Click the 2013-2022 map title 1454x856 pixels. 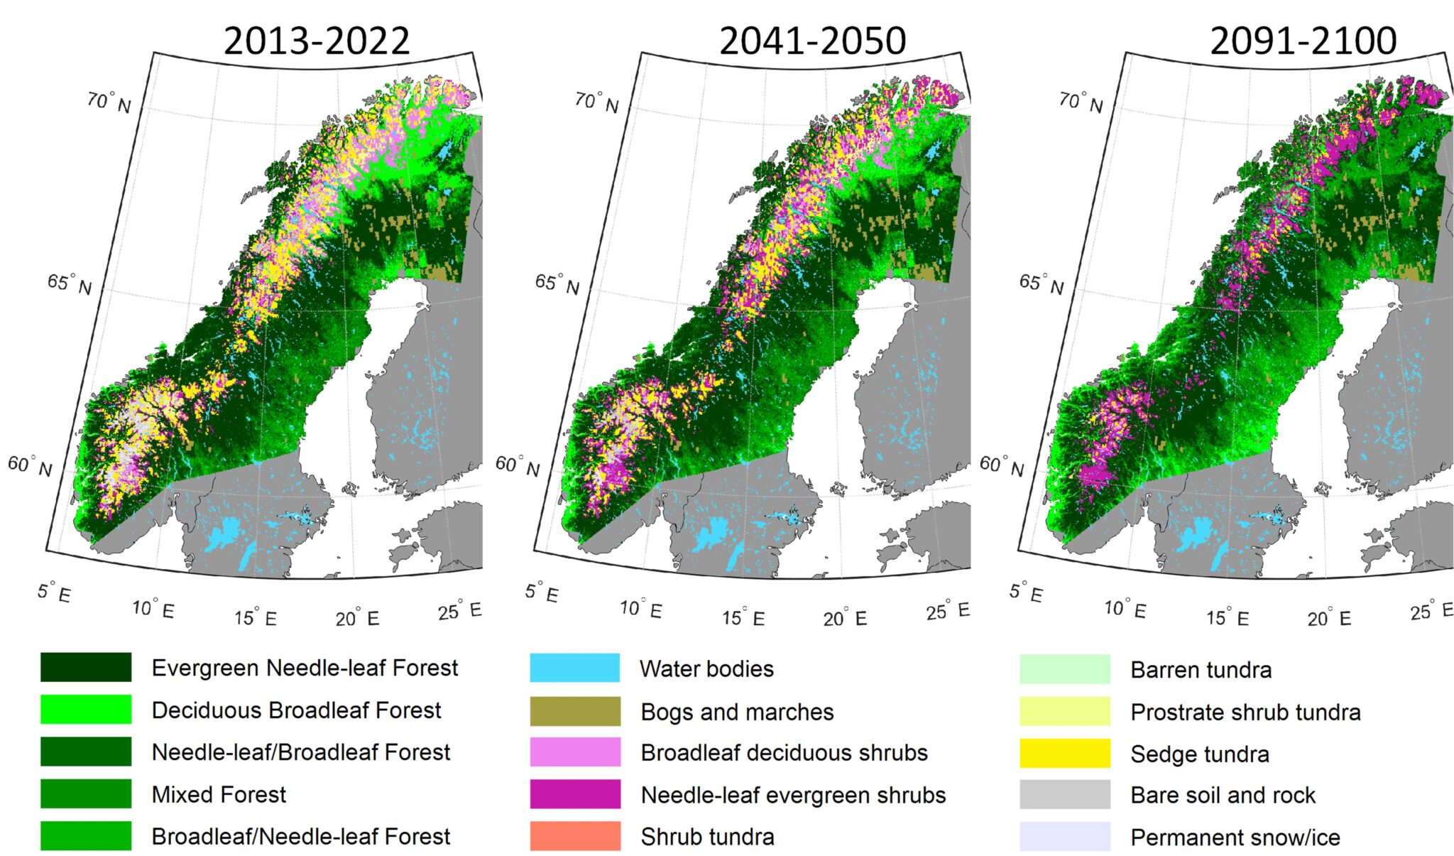coord(317,40)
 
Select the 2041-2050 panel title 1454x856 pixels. coord(812,40)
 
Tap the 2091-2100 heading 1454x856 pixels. coord(1303,40)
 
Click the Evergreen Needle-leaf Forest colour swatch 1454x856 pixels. coord(86,667)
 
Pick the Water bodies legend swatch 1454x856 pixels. coord(574,668)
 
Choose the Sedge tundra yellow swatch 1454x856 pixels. coord(1064,753)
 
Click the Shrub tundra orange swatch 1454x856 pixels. coord(574,836)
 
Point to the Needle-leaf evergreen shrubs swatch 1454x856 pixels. coord(574,794)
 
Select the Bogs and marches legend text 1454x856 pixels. coord(737,712)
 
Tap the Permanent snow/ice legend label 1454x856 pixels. coord(1235,838)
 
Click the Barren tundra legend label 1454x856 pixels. coord(1201,670)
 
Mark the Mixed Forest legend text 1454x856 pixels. coord(219,794)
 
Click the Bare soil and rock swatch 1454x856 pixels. coord(1064,794)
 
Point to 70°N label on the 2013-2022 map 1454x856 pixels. coord(109,102)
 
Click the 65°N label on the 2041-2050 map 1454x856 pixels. coord(557,284)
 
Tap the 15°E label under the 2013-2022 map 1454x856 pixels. coord(256,617)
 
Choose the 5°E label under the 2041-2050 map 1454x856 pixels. coord(542,592)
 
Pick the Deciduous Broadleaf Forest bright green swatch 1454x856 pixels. coord(86,710)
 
